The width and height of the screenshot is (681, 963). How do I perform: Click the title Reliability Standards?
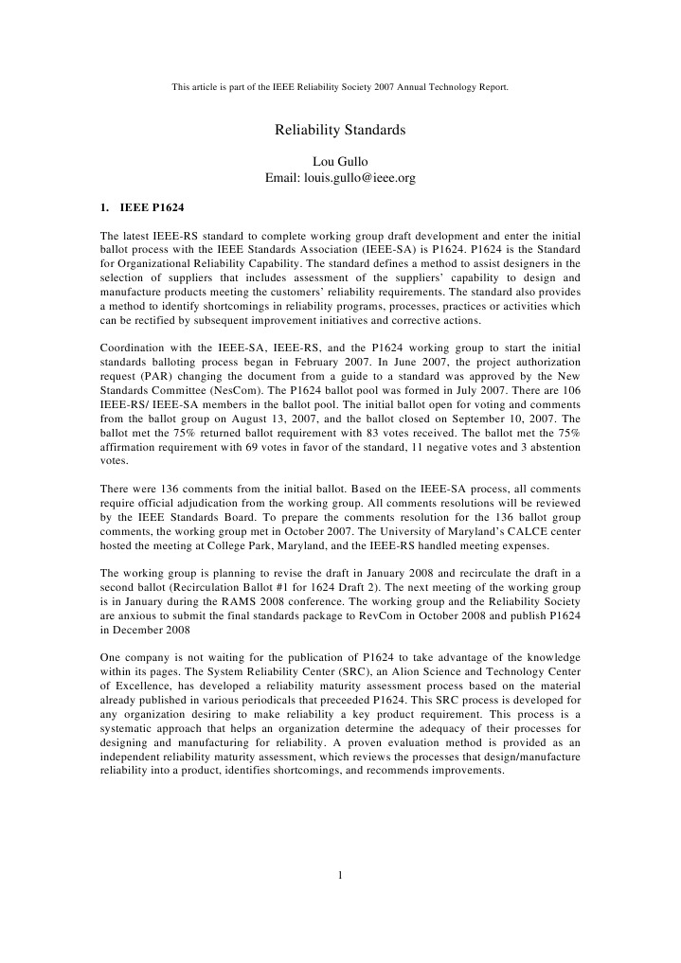[340, 129]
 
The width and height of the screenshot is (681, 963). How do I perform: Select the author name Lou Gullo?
[340, 161]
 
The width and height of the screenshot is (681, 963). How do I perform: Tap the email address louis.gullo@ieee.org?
[340, 177]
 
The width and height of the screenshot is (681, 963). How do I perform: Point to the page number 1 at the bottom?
[340, 874]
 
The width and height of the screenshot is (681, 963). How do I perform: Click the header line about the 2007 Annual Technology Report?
[340, 87]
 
